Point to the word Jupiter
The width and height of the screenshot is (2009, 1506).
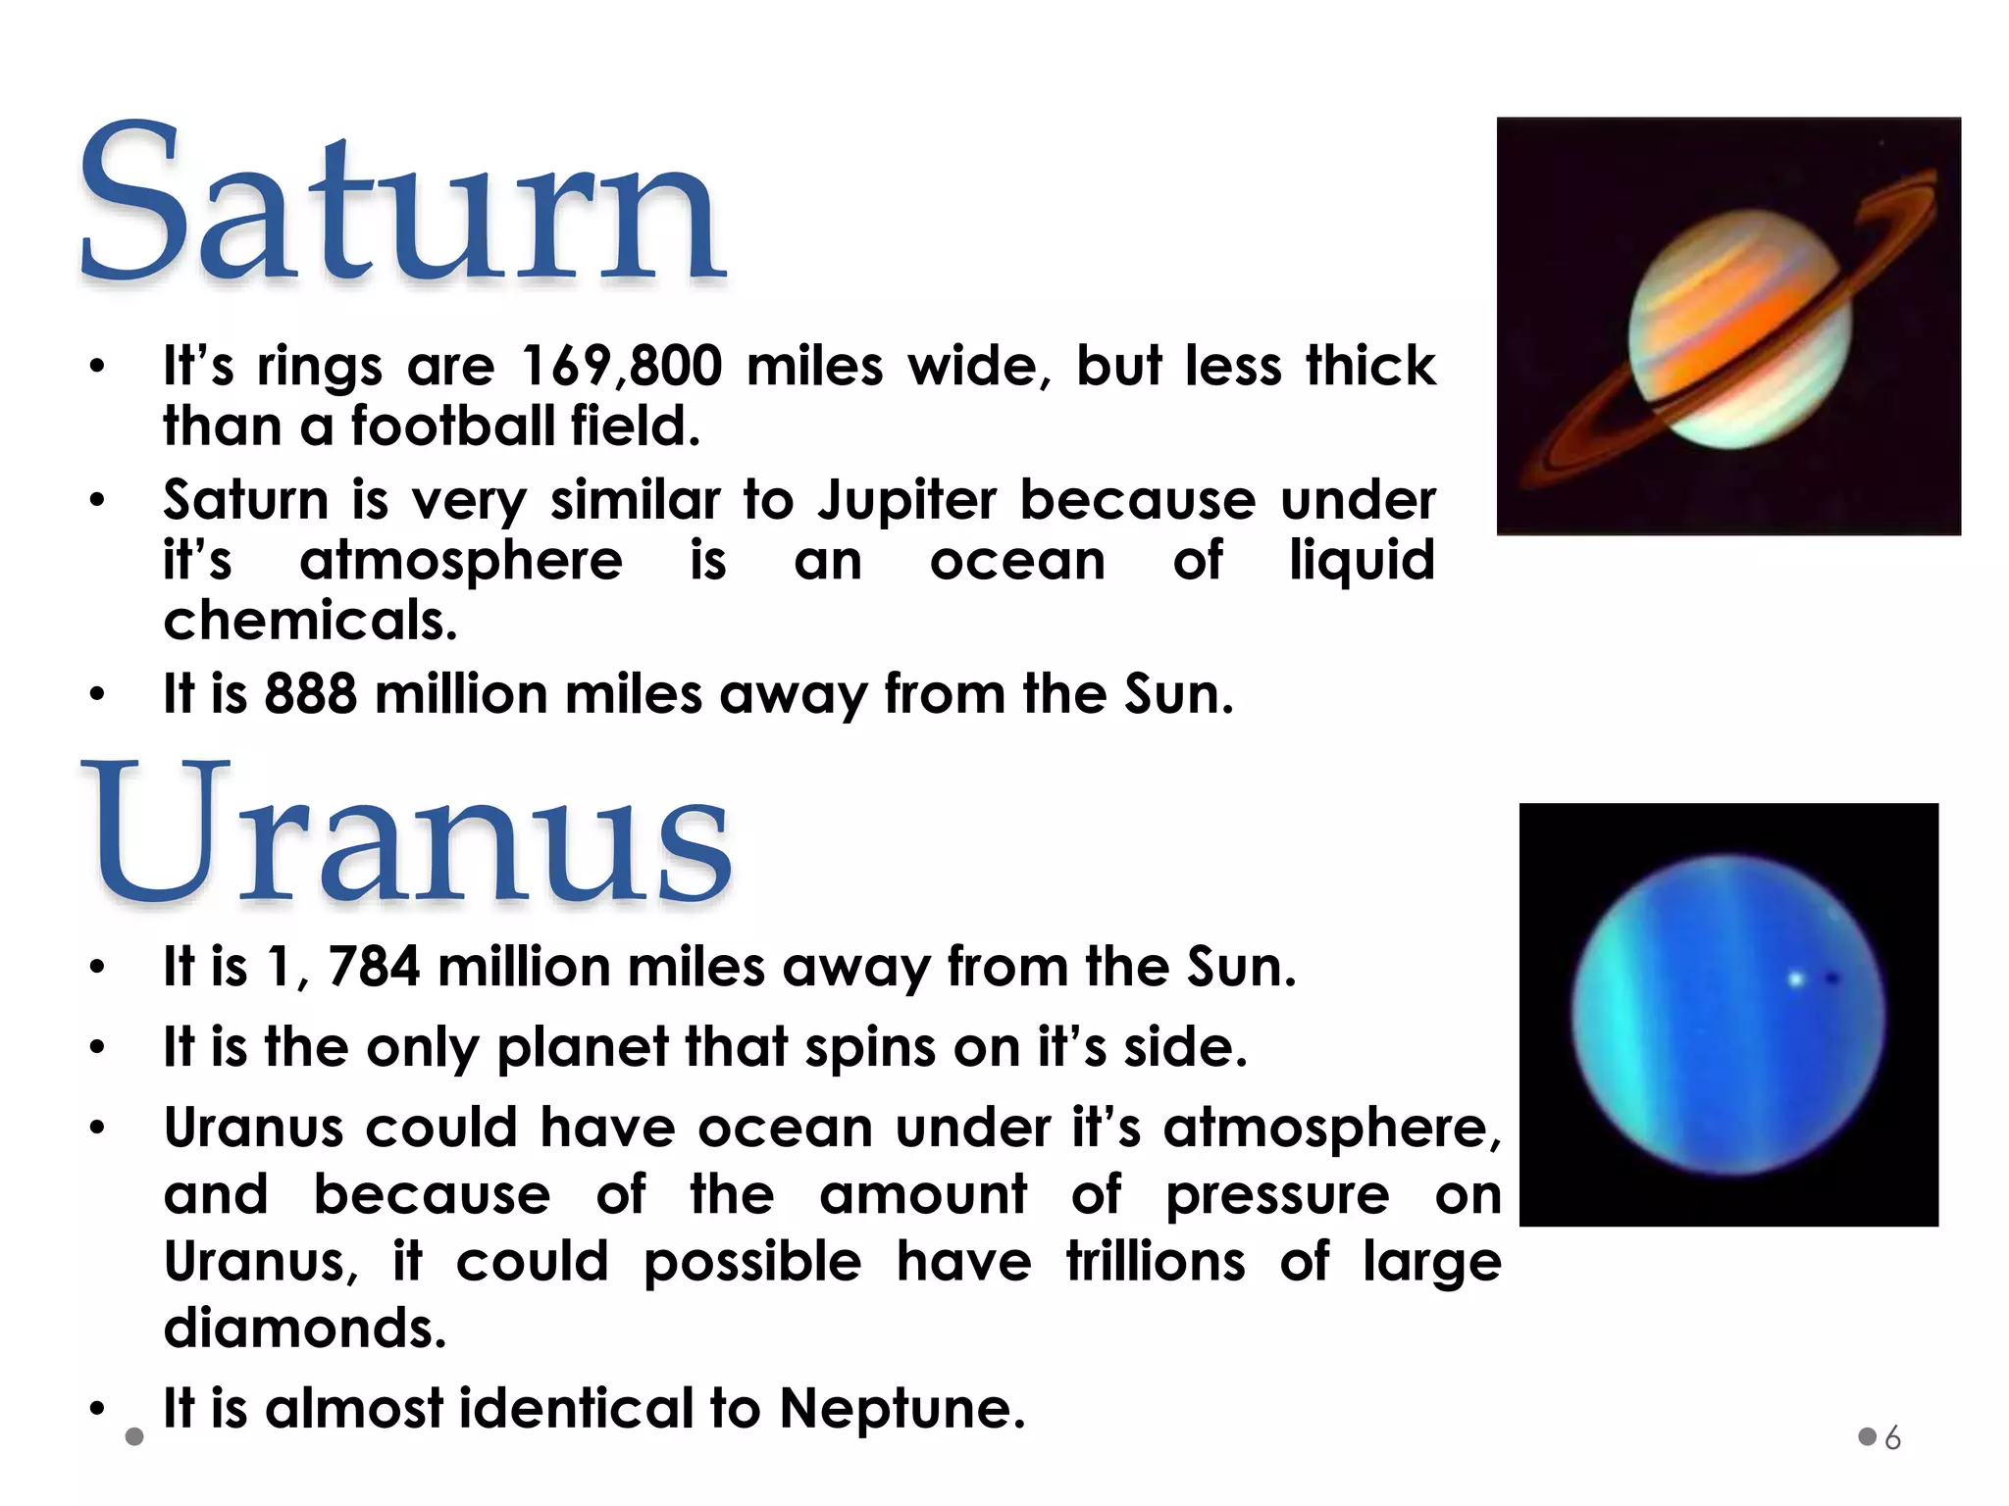(907, 501)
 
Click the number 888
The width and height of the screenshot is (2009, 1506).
(310, 694)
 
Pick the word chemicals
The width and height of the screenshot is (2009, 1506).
(310, 622)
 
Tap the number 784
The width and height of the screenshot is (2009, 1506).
(374, 967)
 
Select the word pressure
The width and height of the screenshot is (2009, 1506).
(1277, 1196)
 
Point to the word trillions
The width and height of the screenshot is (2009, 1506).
(1156, 1262)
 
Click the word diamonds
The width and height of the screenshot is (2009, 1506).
(304, 1329)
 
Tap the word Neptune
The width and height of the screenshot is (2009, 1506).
(901, 1409)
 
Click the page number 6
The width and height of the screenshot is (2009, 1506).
(1893, 1438)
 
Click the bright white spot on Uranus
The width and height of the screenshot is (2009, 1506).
(1796, 979)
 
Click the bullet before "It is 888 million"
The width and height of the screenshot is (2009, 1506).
(96, 695)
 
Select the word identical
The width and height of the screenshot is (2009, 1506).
(577, 1409)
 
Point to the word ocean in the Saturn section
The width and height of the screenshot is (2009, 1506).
(1017, 562)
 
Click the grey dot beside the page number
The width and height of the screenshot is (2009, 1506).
(1868, 1437)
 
